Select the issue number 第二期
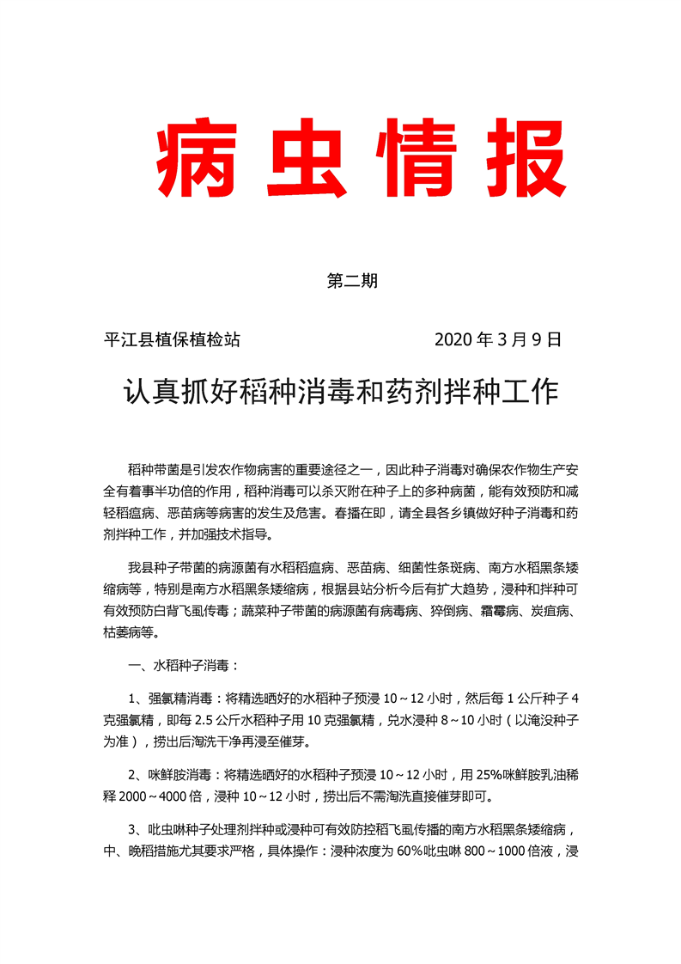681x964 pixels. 353,281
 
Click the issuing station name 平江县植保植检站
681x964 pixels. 171,339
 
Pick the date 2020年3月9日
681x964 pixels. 498,339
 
